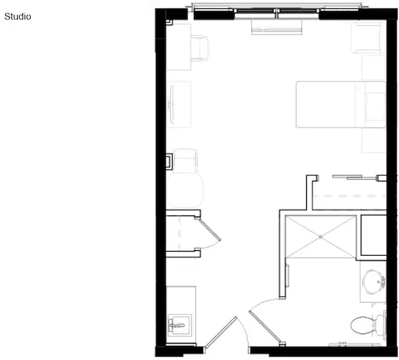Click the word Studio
[18, 16]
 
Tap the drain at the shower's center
[321, 237]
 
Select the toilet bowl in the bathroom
[363, 325]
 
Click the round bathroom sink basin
[372, 282]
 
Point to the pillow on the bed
[375, 106]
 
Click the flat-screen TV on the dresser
[171, 104]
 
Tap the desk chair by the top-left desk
[200, 48]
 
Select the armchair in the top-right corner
[368, 38]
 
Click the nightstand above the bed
[374, 68]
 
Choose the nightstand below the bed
[374, 140]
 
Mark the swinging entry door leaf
[221, 332]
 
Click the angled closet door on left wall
[210, 230]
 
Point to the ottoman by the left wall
[185, 190]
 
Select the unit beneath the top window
[277, 27]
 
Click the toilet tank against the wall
[381, 325]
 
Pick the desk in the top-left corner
[179, 47]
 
